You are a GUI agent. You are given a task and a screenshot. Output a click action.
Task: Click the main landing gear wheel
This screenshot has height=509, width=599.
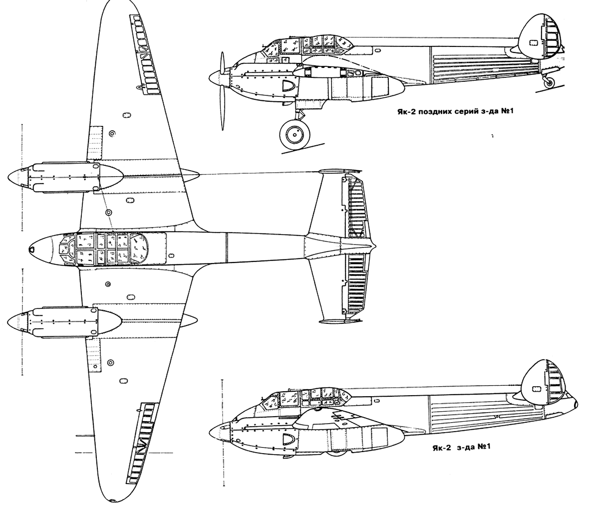pyautogui.click(x=295, y=134)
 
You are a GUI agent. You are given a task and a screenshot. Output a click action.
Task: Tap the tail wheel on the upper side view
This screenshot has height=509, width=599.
pyautogui.click(x=549, y=84)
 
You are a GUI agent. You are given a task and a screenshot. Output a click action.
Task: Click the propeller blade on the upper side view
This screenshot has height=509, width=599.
pyautogui.click(x=223, y=91)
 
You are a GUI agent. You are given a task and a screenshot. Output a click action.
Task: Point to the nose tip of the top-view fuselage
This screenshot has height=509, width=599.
pyautogui.click(x=30, y=249)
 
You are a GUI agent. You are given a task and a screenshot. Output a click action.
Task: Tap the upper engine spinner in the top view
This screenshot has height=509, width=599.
pyautogui.click(x=17, y=177)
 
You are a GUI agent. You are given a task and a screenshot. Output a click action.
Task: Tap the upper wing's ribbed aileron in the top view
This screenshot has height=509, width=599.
pyautogui.click(x=145, y=55)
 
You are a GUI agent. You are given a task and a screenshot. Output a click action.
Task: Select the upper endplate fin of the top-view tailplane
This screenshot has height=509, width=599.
pyautogui.click(x=340, y=172)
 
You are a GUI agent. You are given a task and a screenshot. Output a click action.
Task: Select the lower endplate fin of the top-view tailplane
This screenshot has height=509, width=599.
pyautogui.click(x=340, y=321)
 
